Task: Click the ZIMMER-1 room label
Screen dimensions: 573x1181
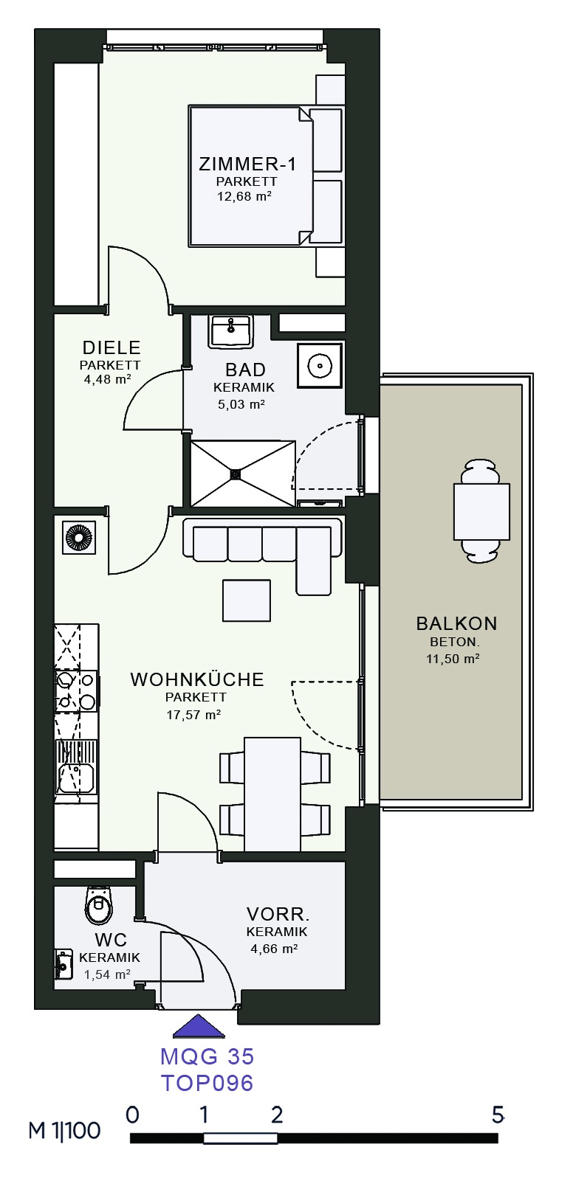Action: (x=247, y=164)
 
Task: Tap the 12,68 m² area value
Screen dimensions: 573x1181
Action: (x=244, y=197)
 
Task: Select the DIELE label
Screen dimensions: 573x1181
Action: (x=111, y=347)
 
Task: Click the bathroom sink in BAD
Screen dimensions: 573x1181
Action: (x=230, y=331)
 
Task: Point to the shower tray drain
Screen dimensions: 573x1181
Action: (x=236, y=474)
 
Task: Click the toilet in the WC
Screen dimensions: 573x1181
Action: (x=99, y=904)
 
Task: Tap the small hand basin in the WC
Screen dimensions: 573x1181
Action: (x=64, y=964)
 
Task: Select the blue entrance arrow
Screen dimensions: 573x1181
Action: (x=199, y=1026)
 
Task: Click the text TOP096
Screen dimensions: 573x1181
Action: (x=207, y=1082)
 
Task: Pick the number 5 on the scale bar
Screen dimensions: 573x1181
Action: (x=498, y=1115)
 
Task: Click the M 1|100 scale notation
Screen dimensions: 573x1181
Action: (x=64, y=1130)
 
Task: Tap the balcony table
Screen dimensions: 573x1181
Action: (x=481, y=511)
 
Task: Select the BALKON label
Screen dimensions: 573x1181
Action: (x=456, y=624)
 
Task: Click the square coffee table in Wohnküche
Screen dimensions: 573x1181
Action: (x=247, y=600)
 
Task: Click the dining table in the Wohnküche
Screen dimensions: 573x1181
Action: (x=272, y=794)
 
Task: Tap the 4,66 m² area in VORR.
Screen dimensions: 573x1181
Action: (x=275, y=949)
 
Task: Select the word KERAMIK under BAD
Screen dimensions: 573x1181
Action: (x=244, y=387)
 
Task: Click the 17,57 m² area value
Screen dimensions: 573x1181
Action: (x=193, y=715)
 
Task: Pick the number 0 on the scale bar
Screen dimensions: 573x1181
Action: (x=132, y=1115)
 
